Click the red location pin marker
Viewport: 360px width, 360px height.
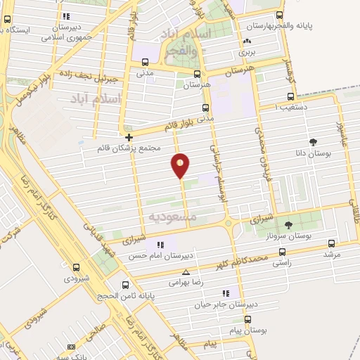pyautogui.click(x=181, y=165)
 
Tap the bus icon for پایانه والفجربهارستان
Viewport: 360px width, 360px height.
pyautogui.click(x=280, y=15)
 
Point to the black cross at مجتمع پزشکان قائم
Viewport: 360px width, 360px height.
pyautogui.click(x=129, y=138)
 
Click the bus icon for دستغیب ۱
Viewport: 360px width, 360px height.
pyautogui.click(x=290, y=98)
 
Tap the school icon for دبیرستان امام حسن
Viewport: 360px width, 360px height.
pyautogui.click(x=161, y=245)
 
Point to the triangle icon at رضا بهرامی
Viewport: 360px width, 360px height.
pyautogui.click(x=186, y=272)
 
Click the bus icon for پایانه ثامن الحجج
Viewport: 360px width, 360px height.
pyautogui.click(x=125, y=285)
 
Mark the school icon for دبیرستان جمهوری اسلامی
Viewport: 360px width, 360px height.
pyautogui.click(x=66, y=16)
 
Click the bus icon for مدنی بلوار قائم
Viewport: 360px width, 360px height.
pyautogui.click(x=205, y=108)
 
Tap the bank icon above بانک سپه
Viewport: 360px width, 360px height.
pyautogui.click(x=71, y=347)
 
